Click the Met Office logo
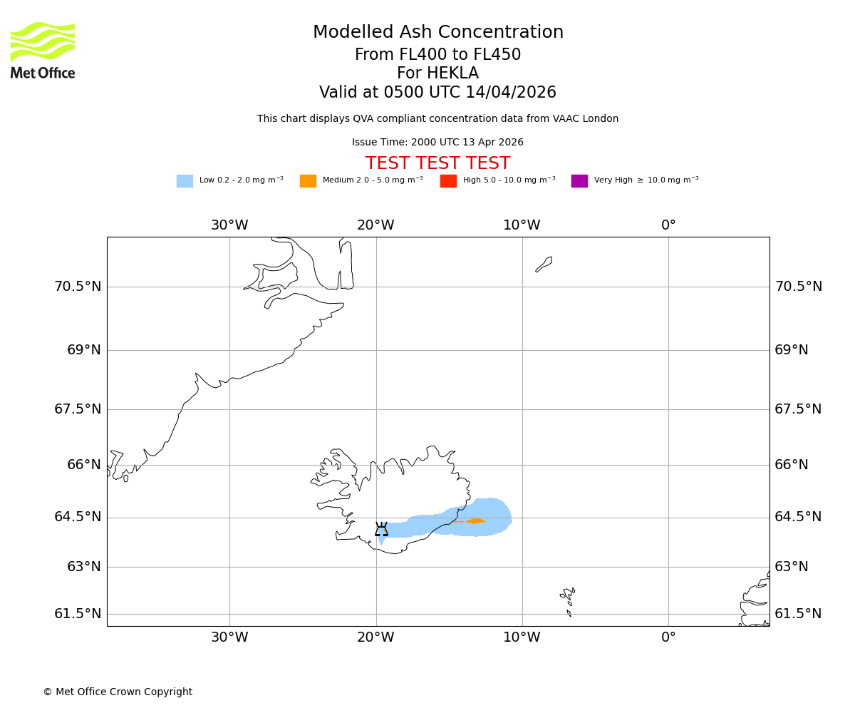pyautogui.click(x=43, y=50)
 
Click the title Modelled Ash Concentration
pyautogui.click(x=437, y=33)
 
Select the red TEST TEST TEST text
pyautogui.click(x=437, y=164)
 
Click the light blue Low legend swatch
pyautogui.click(x=185, y=181)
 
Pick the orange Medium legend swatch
pyautogui.click(x=308, y=181)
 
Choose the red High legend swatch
pyautogui.click(x=448, y=181)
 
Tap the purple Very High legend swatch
pyautogui.click(x=579, y=181)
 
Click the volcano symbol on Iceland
pyautogui.click(x=382, y=530)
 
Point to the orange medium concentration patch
pyautogui.click(x=475, y=521)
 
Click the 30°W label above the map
pyautogui.click(x=229, y=225)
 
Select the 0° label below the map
pyautogui.click(x=668, y=637)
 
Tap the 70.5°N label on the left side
pyautogui.click(x=78, y=287)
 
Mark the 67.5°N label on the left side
pyautogui.click(x=78, y=409)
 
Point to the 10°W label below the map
pyautogui.click(x=522, y=637)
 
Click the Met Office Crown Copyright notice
pyautogui.click(x=118, y=692)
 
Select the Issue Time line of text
pyautogui.click(x=437, y=143)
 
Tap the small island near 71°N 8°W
pyautogui.click(x=544, y=264)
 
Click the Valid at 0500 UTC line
pyautogui.click(x=437, y=93)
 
